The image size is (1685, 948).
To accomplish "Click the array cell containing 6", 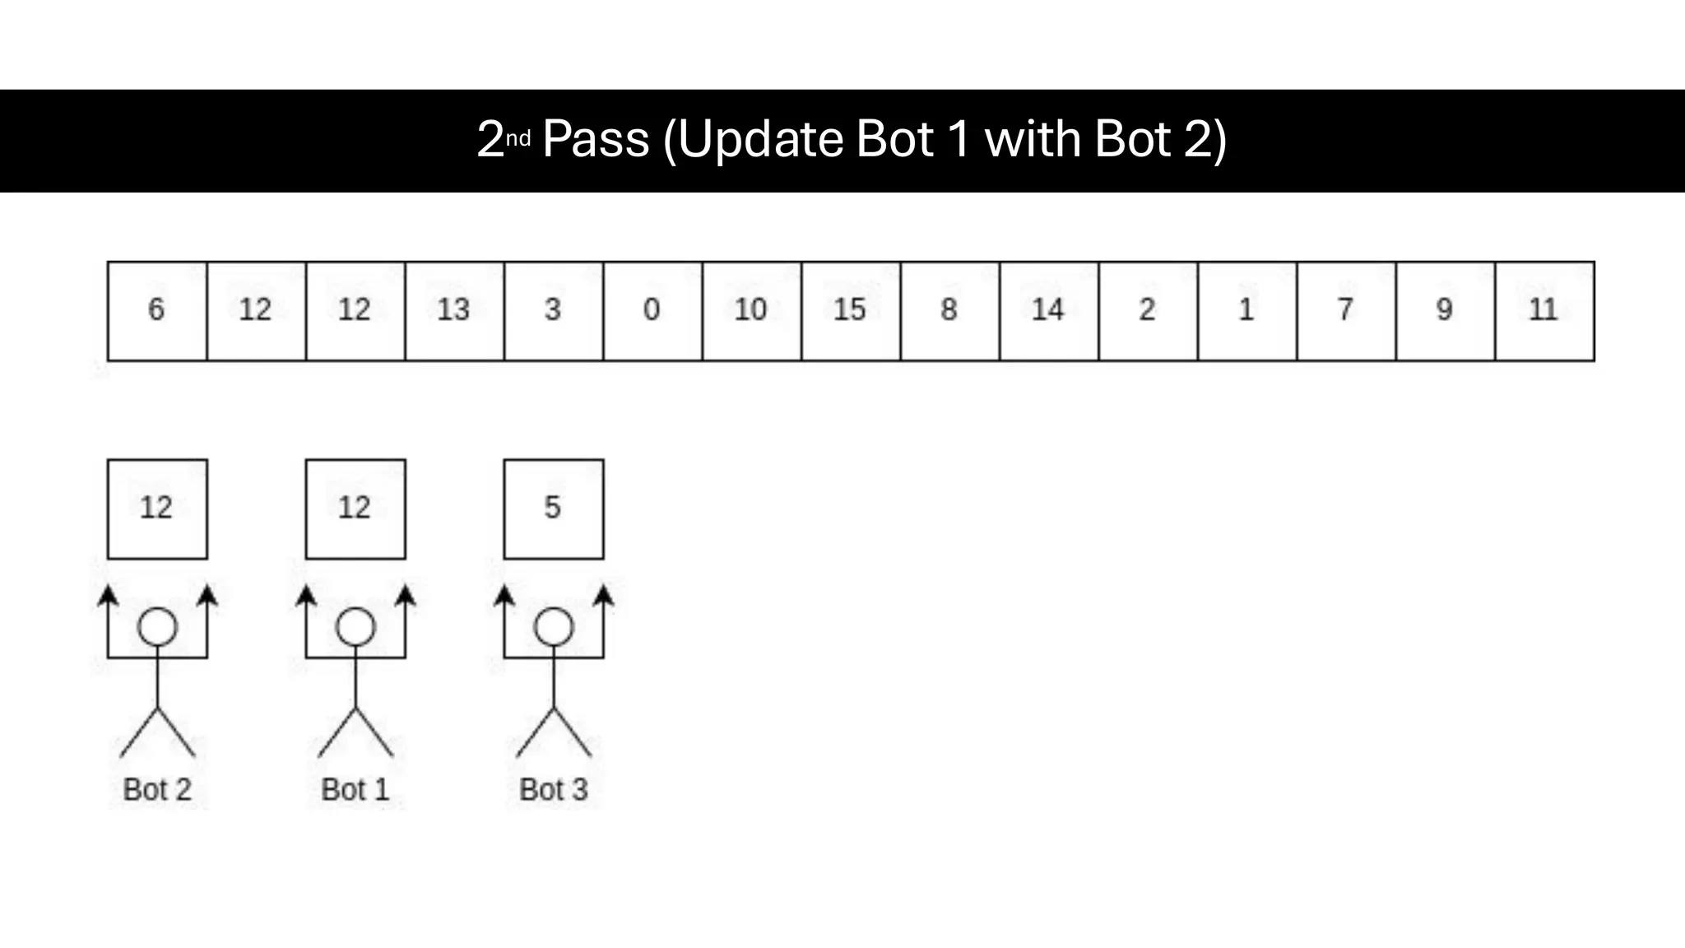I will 156,311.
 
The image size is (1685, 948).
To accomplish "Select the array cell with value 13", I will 454,311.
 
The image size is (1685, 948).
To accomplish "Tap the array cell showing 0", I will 652,311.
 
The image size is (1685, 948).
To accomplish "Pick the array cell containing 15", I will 851,311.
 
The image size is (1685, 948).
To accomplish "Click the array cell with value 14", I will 1049,311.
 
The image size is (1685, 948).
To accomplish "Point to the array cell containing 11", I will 1544,311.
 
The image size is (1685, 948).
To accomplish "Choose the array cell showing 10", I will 751,311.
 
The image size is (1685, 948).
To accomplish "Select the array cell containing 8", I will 949,311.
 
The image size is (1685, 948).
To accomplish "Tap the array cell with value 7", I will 1346,311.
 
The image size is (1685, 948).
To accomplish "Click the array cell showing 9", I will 1445,311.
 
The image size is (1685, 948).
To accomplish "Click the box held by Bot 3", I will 553,509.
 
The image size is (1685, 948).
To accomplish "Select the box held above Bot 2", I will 157,509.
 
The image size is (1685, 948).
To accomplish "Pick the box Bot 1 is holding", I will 355,509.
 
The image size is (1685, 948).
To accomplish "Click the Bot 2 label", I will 157,789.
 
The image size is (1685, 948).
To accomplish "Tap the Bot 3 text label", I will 553,789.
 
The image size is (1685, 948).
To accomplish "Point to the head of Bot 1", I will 355,627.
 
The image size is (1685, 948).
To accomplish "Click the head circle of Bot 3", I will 554,627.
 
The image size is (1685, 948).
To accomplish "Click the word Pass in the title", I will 596,139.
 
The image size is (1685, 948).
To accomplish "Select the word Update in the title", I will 760,139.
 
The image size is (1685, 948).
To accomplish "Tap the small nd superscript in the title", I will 518,138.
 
